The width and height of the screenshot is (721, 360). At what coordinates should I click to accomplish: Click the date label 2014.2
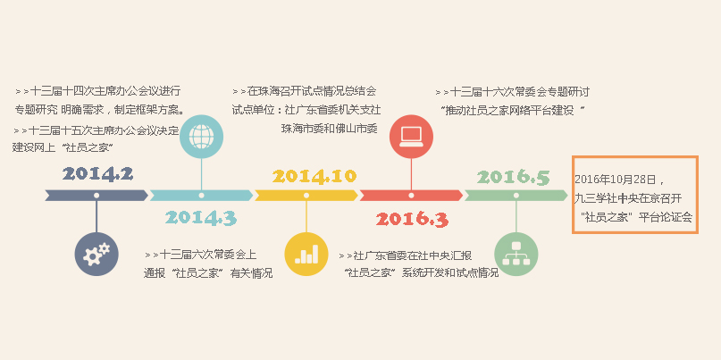98,174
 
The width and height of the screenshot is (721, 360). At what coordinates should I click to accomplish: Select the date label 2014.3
201,217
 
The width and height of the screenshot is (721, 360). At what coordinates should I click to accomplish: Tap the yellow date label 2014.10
314,176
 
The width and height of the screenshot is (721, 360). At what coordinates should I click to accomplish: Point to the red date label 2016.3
412,220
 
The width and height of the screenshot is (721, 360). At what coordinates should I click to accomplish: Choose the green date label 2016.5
513,178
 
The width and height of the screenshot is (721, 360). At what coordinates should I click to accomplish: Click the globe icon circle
201,137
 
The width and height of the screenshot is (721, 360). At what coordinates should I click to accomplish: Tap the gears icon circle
96,255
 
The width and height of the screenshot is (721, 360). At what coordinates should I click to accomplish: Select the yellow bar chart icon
306,255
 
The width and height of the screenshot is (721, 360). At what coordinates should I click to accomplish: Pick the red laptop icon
411,137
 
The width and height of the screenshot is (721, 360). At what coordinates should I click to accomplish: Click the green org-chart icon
516,255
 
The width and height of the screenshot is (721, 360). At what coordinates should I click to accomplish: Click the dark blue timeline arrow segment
96,196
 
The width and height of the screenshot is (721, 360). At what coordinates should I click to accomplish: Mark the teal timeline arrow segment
201,196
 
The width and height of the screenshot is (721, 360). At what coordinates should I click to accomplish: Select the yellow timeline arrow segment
306,196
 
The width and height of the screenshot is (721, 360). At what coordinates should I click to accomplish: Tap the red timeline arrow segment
411,196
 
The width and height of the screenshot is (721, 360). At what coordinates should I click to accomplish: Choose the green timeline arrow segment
516,196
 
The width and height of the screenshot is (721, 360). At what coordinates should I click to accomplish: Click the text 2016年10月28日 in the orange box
616,179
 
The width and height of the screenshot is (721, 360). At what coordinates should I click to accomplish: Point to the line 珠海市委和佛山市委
330,129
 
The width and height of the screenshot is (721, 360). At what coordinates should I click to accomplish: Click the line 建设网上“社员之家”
63,147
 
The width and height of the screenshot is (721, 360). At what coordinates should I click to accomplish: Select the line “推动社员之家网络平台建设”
512,111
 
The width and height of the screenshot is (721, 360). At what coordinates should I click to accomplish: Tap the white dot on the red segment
411,196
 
